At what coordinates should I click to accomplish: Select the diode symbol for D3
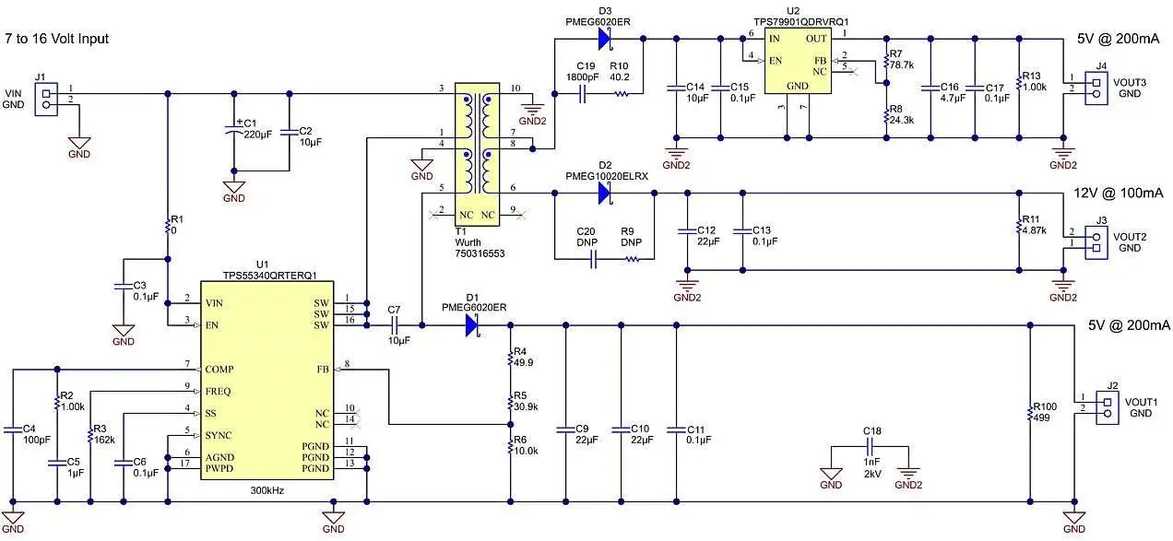[607, 38]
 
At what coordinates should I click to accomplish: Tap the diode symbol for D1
[474, 324]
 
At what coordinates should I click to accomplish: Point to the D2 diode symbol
[607, 194]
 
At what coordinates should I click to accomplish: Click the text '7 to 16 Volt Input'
[57, 39]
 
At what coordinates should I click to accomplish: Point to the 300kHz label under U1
[267, 490]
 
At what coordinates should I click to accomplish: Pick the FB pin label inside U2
[820, 61]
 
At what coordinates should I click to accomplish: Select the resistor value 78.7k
[902, 65]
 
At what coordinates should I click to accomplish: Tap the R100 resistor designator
[1045, 406]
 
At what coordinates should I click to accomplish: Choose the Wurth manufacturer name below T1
[469, 242]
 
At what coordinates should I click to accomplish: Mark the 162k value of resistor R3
[105, 441]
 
